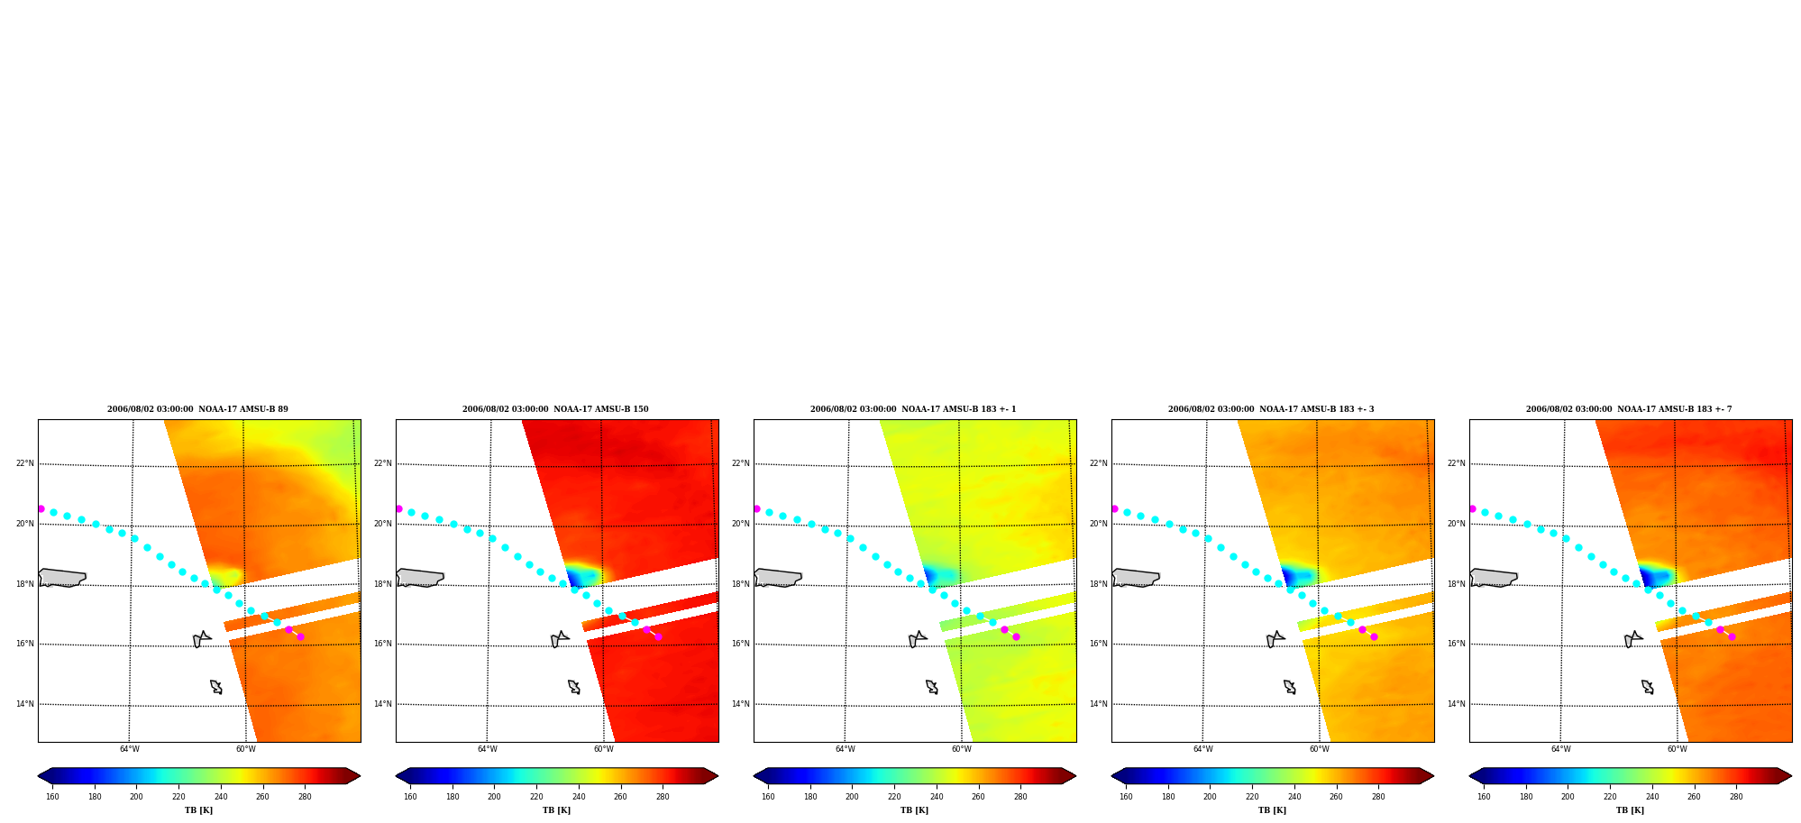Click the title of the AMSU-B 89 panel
click(x=197, y=409)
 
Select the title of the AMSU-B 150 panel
click(x=555, y=409)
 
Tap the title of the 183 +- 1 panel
click(x=913, y=409)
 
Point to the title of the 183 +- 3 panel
click(x=1271, y=409)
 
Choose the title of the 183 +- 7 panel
click(x=1629, y=409)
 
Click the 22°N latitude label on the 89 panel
click(x=24, y=463)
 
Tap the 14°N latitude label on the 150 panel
click(x=382, y=704)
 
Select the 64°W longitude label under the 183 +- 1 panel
click(x=846, y=749)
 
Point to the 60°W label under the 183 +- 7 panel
click(x=1677, y=749)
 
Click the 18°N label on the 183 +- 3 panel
click(x=1098, y=584)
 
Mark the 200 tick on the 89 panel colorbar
click(x=136, y=796)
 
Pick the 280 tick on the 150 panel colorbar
click(x=663, y=796)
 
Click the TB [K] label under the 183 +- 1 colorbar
click(x=914, y=810)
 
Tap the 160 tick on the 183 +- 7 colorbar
click(x=1484, y=796)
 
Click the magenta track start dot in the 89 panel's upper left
click(x=41, y=509)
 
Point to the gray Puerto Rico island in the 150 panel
click(x=420, y=578)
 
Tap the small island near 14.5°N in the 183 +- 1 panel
click(x=932, y=687)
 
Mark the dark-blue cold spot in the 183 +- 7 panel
click(x=1647, y=575)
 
